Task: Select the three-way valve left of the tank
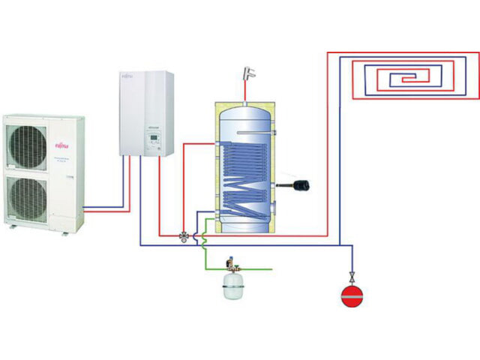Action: coord(184,235)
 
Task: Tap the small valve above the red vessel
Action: coord(350,275)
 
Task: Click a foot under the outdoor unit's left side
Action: coord(11,224)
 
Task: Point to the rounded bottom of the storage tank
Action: coord(245,225)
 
